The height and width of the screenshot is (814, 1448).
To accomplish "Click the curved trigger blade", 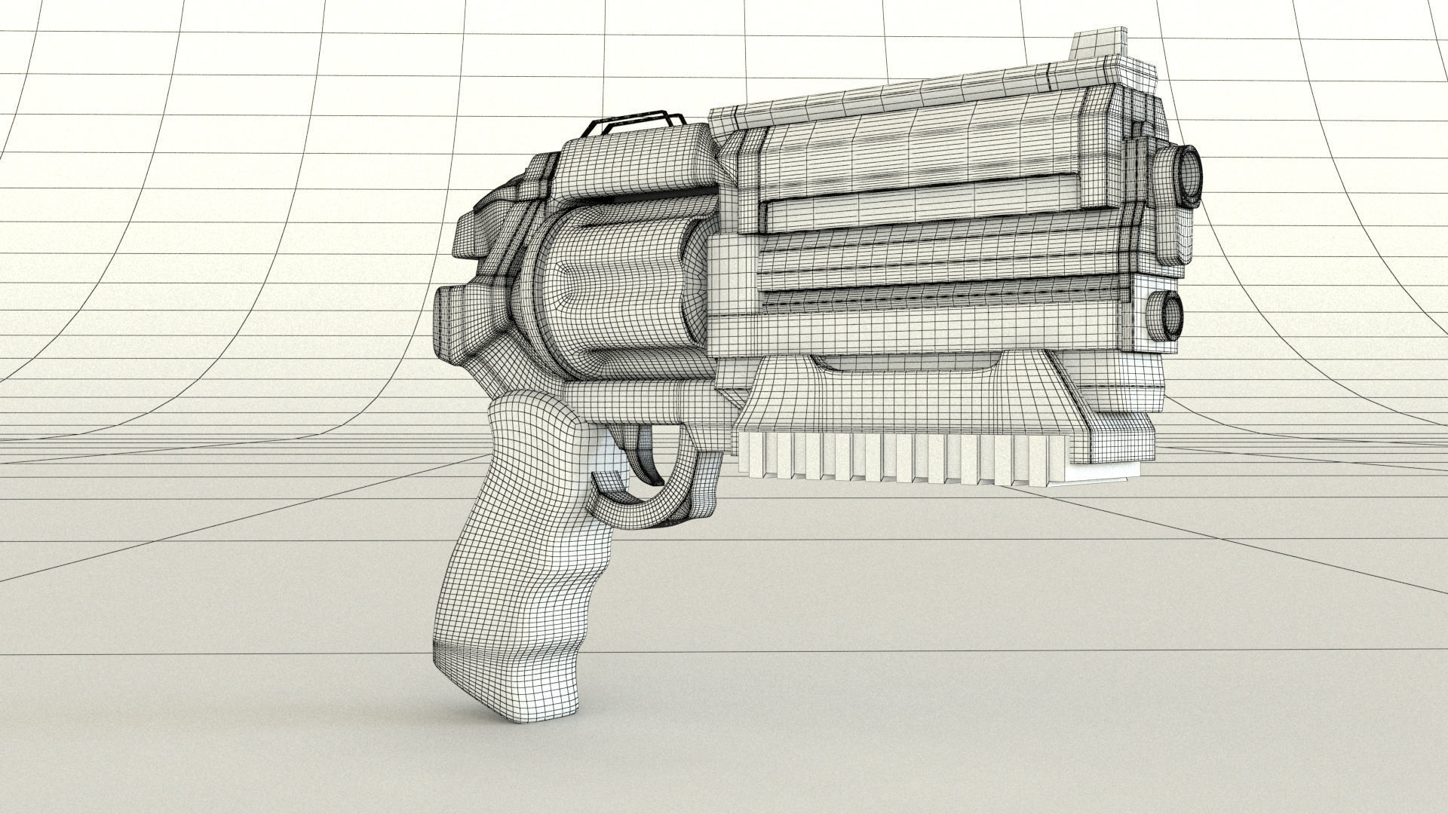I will point(648,453).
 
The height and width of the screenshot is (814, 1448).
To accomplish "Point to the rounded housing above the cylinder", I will point(633,170).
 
